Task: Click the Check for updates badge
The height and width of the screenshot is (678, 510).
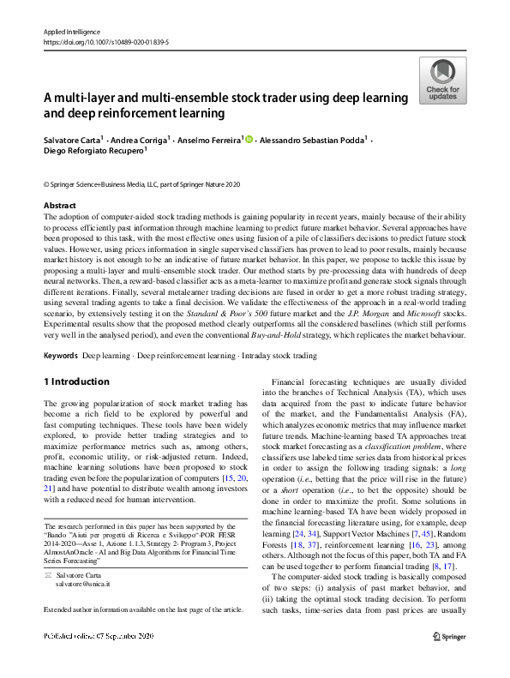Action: [441, 81]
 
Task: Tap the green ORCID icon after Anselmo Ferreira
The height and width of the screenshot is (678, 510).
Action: [249, 138]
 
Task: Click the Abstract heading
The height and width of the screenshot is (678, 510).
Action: [60, 206]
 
